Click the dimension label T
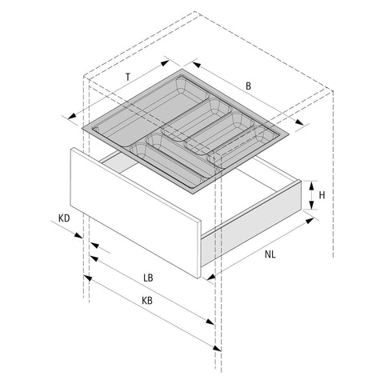click(127, 77)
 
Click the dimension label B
click(249, 85)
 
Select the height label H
click(321, 194)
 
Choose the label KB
click(147, 302)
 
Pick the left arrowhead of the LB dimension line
click(93, 258)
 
